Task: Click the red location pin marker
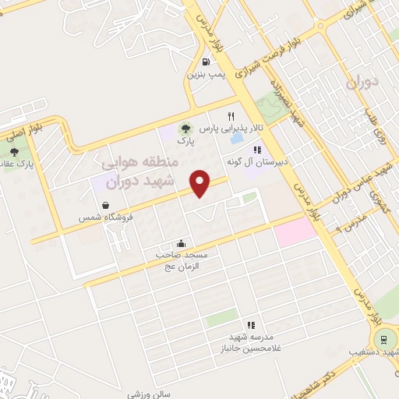point(201,184)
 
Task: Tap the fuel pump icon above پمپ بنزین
point(206,62)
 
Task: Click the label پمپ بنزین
point(206,76)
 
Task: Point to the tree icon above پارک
point(185,129)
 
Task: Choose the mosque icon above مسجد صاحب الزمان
point(182,242)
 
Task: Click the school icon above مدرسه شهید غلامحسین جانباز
point(251,325)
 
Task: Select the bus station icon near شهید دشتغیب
point(382,339)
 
